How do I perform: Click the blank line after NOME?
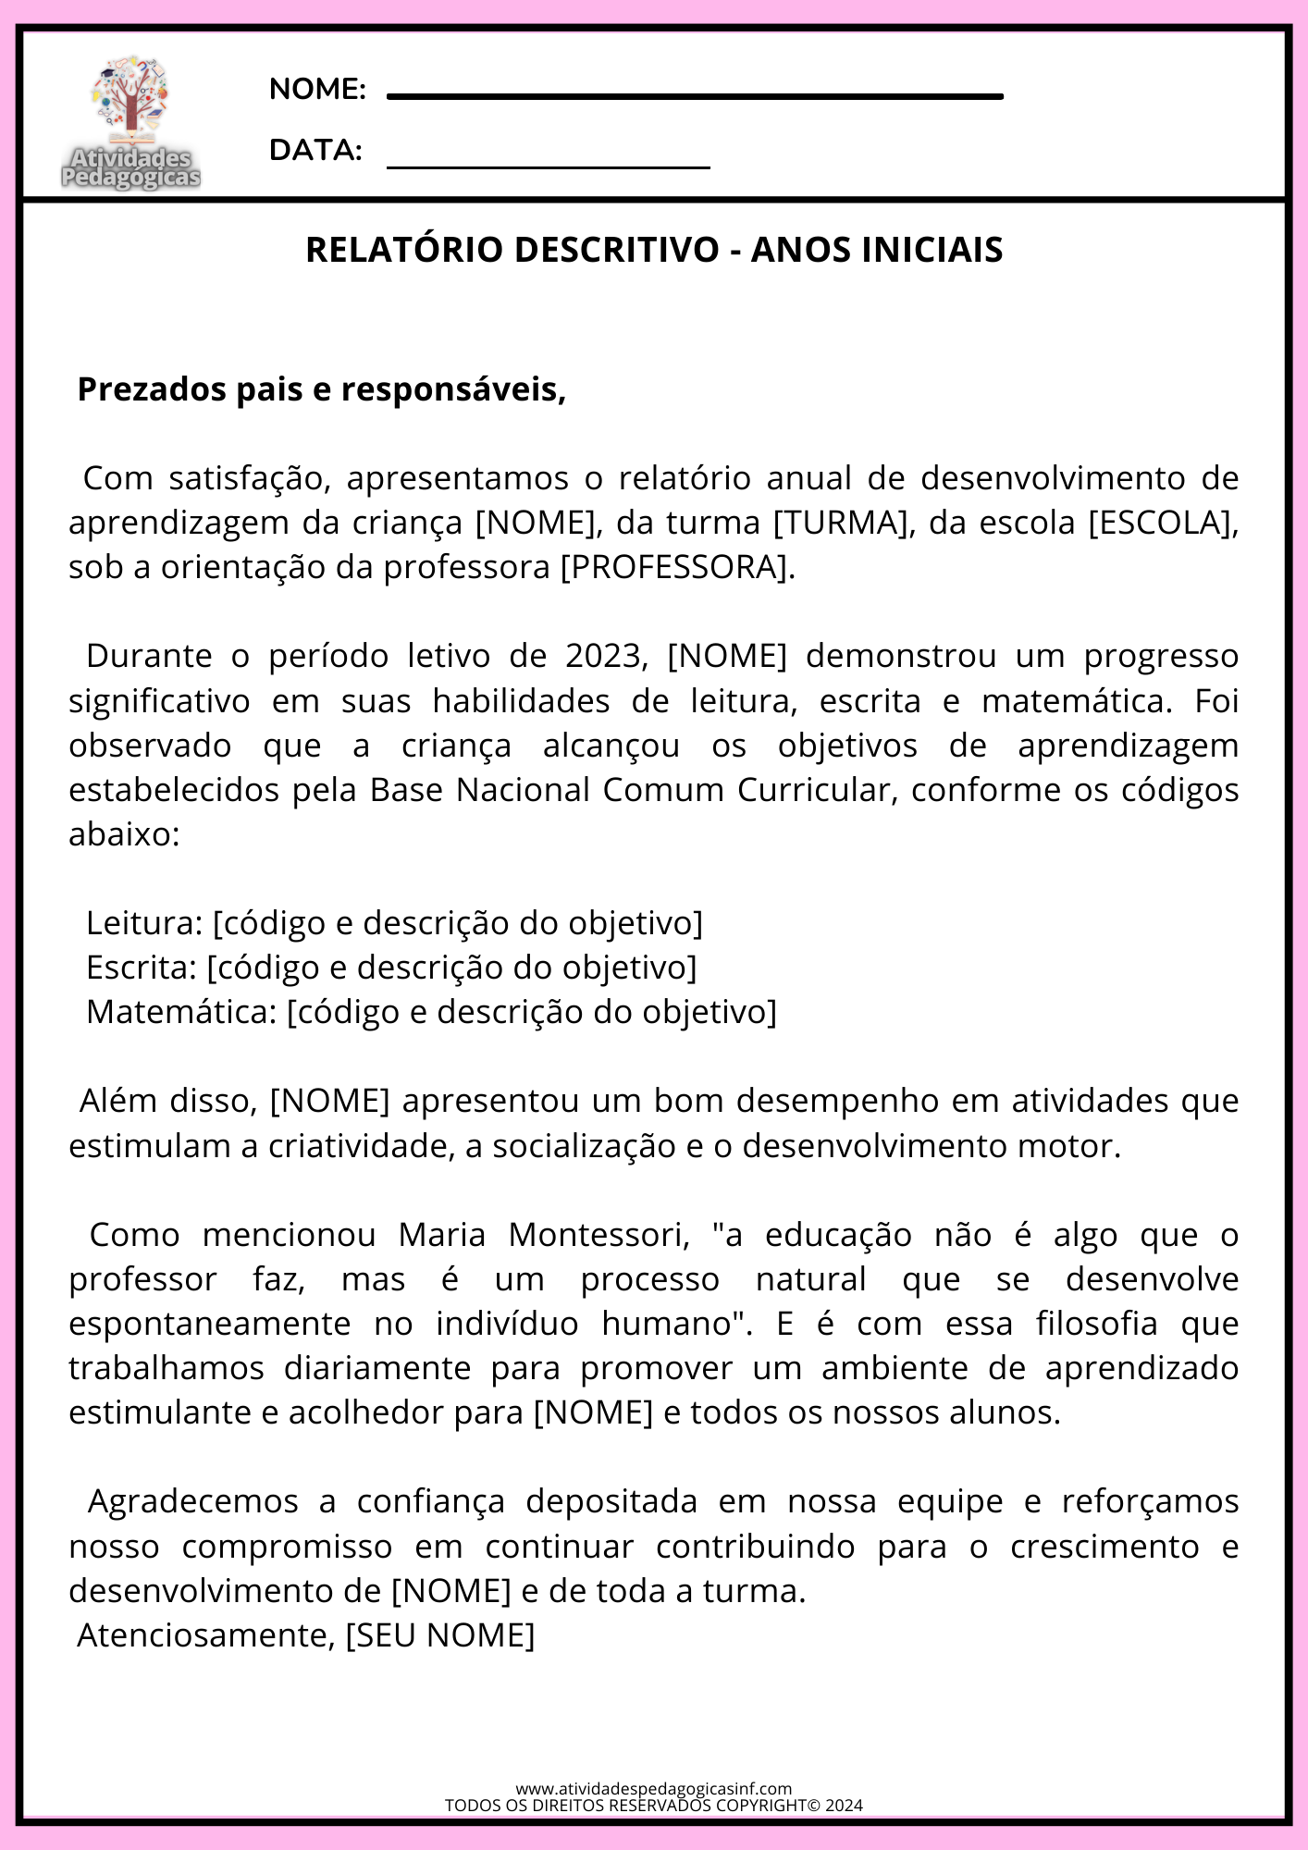click(694, 95)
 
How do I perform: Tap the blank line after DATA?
click(548, 167)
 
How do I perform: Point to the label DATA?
click(315, 150)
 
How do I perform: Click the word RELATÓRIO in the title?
click(408, 250)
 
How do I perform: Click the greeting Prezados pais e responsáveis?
click(321, 389)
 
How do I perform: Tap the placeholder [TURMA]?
click(840, 523)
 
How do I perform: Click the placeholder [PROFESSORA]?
click(677, 567)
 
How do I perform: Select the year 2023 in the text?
click(603, 656)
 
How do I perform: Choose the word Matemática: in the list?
click(181, 1012)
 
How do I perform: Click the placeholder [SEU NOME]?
click(440, 1635)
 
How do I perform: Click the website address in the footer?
click(653, 1789)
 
